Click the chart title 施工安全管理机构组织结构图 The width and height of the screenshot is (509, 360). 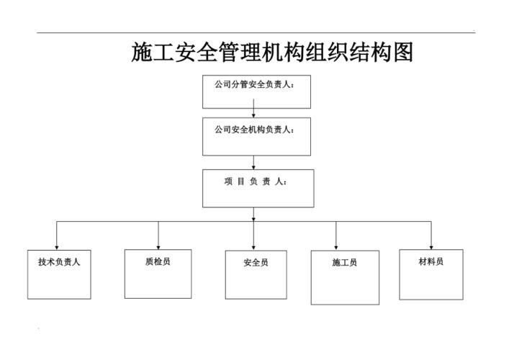pos(271,52)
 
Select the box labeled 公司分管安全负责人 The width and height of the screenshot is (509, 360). pos(256,91)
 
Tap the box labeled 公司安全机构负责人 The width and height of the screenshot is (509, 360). pos(256,137)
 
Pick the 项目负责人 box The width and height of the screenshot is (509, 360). pos(258,188)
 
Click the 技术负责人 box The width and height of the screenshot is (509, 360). pos(59,274)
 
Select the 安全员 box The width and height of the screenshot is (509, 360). pos(256,274)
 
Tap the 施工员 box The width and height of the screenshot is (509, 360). pos(345,277)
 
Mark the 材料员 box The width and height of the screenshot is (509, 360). pos(431,274)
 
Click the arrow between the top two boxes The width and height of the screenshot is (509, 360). pos(254,113)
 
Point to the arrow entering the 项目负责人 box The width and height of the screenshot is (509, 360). pos(254,163)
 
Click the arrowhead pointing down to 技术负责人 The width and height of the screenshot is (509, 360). pos(57,246)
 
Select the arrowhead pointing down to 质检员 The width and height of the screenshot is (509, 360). pos(158,246)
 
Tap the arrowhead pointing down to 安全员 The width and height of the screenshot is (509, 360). pos(254,246)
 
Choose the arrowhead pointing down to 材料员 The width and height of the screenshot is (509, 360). pos(431,246)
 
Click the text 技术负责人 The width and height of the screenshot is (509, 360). pos(59,262)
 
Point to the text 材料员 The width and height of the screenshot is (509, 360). pos(431,261)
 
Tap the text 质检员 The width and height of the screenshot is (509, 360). pos(157,261)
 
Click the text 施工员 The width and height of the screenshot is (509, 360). pos(344,263)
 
